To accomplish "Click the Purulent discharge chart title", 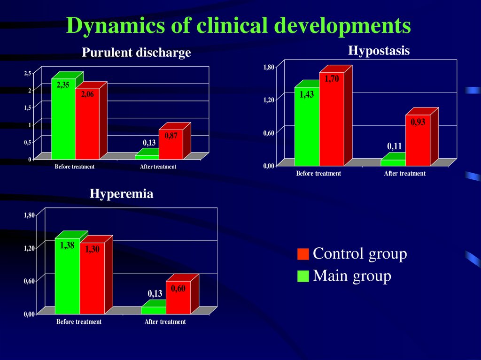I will coord(136,53).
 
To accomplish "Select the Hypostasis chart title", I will coord(379,50).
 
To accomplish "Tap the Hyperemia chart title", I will coord(121,193).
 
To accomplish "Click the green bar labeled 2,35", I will coord(63,122).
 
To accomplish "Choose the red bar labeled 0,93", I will coord(418,141).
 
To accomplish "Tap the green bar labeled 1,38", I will coord(67,277).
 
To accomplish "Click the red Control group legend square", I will coord(303,254).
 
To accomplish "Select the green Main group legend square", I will coord(303,276).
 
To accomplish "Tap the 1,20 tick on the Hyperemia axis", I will coord(30,248).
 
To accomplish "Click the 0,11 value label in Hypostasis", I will coord(395,146).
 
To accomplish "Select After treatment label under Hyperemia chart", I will coord(165,322).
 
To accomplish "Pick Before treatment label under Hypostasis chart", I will coord(318,174).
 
